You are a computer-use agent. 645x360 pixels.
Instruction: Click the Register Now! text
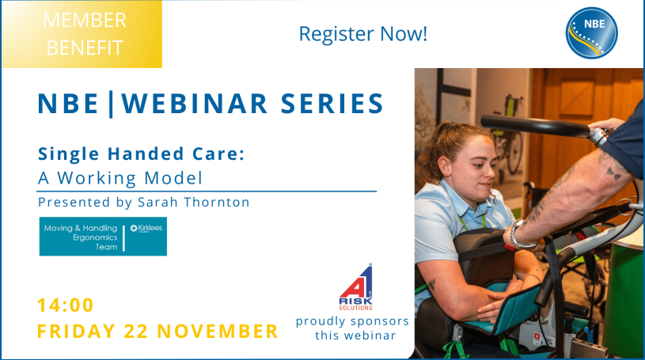point(362,34)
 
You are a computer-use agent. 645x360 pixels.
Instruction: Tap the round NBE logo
point(591,32)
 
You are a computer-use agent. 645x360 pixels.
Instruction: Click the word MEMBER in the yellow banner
point(85,20)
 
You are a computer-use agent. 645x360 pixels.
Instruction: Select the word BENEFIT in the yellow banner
point(85,47)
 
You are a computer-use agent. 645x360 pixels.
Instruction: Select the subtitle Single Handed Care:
point(141,154)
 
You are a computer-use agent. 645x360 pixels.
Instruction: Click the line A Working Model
point(120,177)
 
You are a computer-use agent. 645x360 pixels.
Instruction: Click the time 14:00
point(66,305)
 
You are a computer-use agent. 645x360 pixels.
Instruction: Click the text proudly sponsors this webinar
point(352,328)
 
